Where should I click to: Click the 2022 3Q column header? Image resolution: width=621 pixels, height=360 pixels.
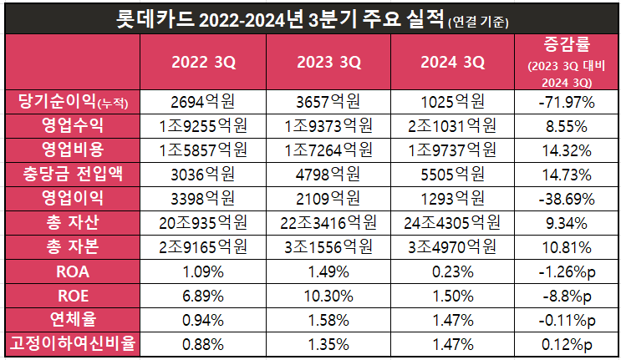point(203,62)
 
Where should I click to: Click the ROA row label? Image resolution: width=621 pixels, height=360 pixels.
point(70,271)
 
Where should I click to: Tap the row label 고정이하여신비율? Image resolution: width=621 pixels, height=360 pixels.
point(70,343)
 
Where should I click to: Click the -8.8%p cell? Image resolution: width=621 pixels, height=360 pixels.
point(566,296)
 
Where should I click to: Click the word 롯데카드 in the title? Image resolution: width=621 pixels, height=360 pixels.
point(156,18)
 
